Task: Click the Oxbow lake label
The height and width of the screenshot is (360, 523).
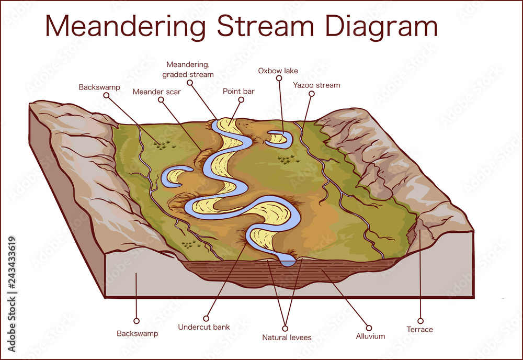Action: pyautogui.click(x=278, y=71)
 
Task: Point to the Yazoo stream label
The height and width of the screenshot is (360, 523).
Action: pyautogui.click(x=316, y=85)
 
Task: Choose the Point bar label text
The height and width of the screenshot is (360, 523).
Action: pyautogui.click(x=238, y=91)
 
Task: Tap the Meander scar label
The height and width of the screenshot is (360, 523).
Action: pyautogui.click(x=156, y=92)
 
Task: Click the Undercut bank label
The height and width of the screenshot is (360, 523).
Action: pyautogui.click(x=203, y=328)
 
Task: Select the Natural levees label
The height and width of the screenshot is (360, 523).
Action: pyautogui.click(x=287, y=337)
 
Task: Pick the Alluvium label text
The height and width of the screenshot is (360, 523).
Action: pyautogui.click(x=370, y=336)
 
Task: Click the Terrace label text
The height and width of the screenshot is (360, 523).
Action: pyautogui.click(x=420, y=329)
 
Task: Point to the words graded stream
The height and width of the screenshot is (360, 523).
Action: pyautogui.click(x=188, y=74)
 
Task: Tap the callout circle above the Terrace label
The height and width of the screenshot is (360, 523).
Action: pyautogui.click(x=420, y=321)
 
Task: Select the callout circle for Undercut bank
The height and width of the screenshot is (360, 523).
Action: pyautogui.click(x=207, y=318)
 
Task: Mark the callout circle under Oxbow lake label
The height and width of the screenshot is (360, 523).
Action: pyautogui.click(x=278, y=80)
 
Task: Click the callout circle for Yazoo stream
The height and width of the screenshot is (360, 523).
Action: pyautogui.click(x=312, y=94)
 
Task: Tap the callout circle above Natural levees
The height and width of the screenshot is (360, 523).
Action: pyautogui.click(x=285, y=329)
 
